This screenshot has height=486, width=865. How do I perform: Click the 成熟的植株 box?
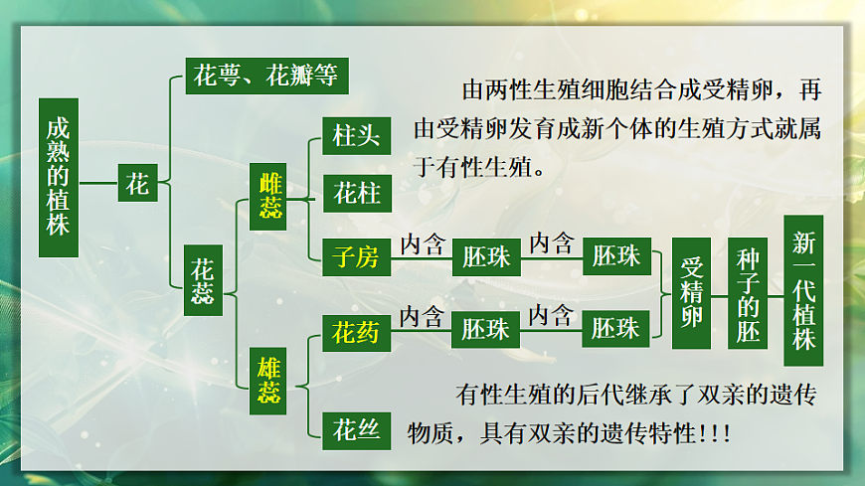click(x=59, y=178)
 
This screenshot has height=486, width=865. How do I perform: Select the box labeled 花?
click(x=138, y=184)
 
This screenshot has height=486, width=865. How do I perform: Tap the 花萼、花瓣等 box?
click(x=267, y=77)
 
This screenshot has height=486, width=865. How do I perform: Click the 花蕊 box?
click(x=202, y=281)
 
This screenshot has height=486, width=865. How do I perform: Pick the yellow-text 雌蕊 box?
click(x=271, y=196)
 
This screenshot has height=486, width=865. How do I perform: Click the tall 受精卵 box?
click(x=692, y=292)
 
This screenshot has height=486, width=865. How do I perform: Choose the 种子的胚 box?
click(x=749, y=294)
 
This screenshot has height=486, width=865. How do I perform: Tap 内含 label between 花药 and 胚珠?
click(x=422, y=317)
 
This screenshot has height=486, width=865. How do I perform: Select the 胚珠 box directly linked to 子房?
click(x=486, y=258)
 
